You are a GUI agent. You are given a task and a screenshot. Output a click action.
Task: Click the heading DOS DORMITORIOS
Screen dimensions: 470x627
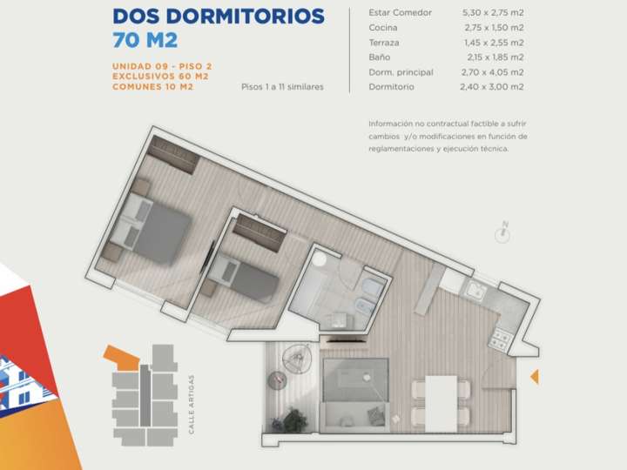tap(219, 17)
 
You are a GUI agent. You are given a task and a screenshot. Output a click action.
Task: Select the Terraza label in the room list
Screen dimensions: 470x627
tap(384, 42)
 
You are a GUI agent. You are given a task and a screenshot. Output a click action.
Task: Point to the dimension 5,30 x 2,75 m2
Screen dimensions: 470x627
tap(492, 12)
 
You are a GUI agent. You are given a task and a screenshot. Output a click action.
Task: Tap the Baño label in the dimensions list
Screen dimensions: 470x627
tap(379, 57)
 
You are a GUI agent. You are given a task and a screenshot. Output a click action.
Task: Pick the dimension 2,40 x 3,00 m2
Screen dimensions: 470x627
tap(492, 87)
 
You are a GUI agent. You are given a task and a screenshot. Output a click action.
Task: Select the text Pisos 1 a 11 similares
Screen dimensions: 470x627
tap(283, 87)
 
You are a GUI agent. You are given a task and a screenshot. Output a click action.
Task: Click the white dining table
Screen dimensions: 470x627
tap(442, 403)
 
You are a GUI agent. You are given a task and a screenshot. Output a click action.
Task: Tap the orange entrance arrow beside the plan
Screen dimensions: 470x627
tap(535, 376)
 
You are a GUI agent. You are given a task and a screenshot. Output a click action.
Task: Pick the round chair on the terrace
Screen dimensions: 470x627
tap(299, 355)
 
